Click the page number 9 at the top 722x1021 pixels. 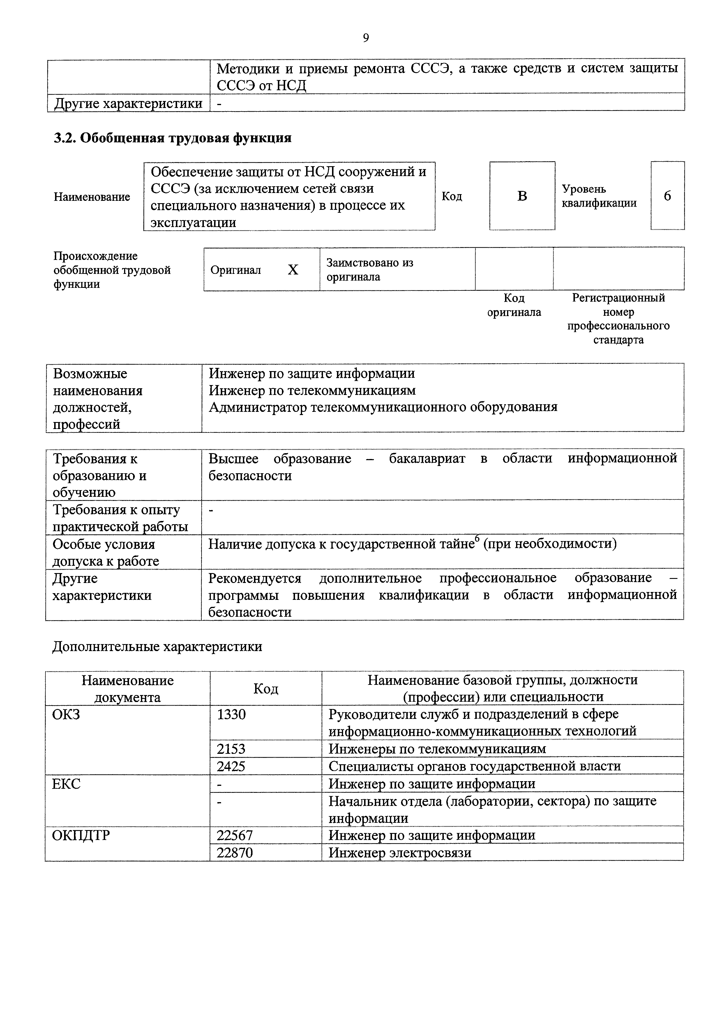click(x=366, y=38)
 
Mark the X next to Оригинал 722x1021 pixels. click(x=293, y=270)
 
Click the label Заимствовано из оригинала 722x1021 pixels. click(x=369, y=270)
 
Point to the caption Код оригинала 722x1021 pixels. click(x=514, y=305)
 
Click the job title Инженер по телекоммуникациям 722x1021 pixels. click(x=312, y=390)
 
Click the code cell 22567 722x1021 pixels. click(x=234, y=835)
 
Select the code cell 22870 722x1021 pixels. click(x=234, y=852)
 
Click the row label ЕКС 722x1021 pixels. click(x=66, y=784)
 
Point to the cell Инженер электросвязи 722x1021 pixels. click(x=400, y=852)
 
